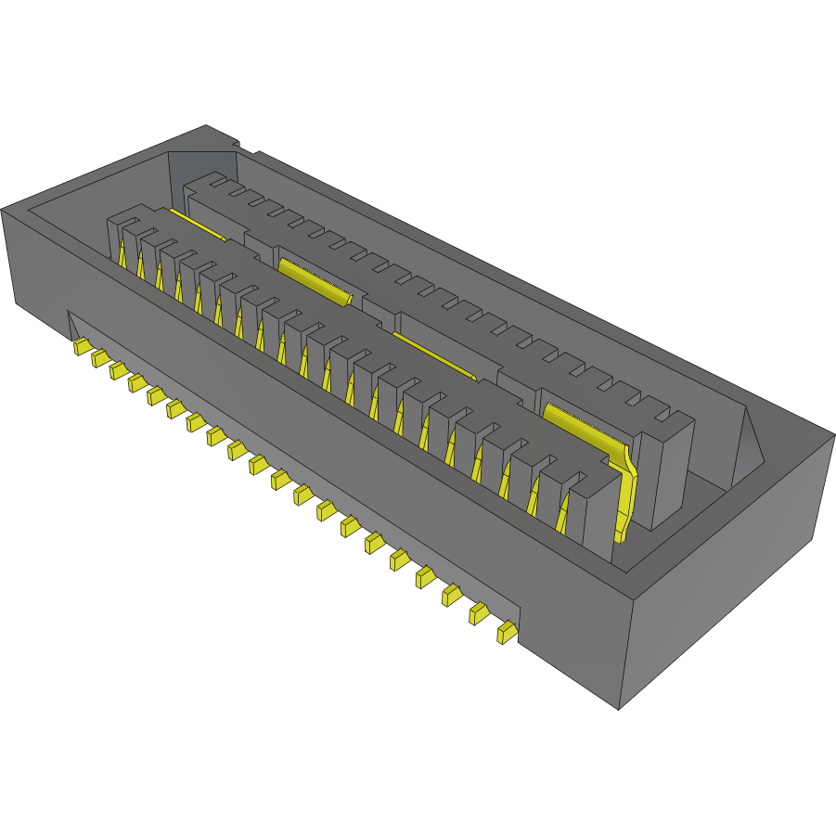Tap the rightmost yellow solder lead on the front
(506, 634)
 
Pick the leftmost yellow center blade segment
(197, 226)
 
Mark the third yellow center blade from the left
(434, 355)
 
